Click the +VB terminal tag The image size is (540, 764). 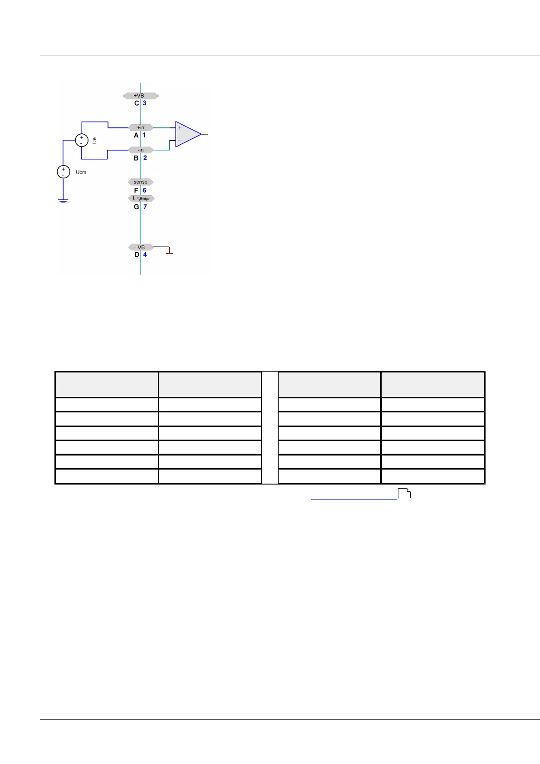tap(141, 96)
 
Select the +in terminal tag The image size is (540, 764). tap(141, 127)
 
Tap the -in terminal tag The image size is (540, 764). tap(141, 150)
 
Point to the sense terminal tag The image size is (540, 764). tap(141, 182)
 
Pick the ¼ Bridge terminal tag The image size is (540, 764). tap(142, 198)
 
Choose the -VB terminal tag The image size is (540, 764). tap(141, 247)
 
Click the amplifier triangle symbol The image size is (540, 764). tap(187, 134)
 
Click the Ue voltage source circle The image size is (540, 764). tap(82, 140)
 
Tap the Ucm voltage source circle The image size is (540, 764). tap(64, 172)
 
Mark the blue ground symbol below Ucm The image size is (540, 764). tap(64, 200)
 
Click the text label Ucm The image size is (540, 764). tap(81, 172)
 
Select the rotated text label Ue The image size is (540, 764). tap(94, 141)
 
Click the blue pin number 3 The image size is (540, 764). tap(145, 103)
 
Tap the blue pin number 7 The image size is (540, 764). tap(145, 206)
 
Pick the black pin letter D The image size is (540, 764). tap(137, 255)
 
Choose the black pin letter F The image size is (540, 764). tap(136, 190)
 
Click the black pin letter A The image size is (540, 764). tap(136, 135)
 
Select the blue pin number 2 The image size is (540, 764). tap(145, 158)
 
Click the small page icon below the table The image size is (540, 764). tap(404, 494)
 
